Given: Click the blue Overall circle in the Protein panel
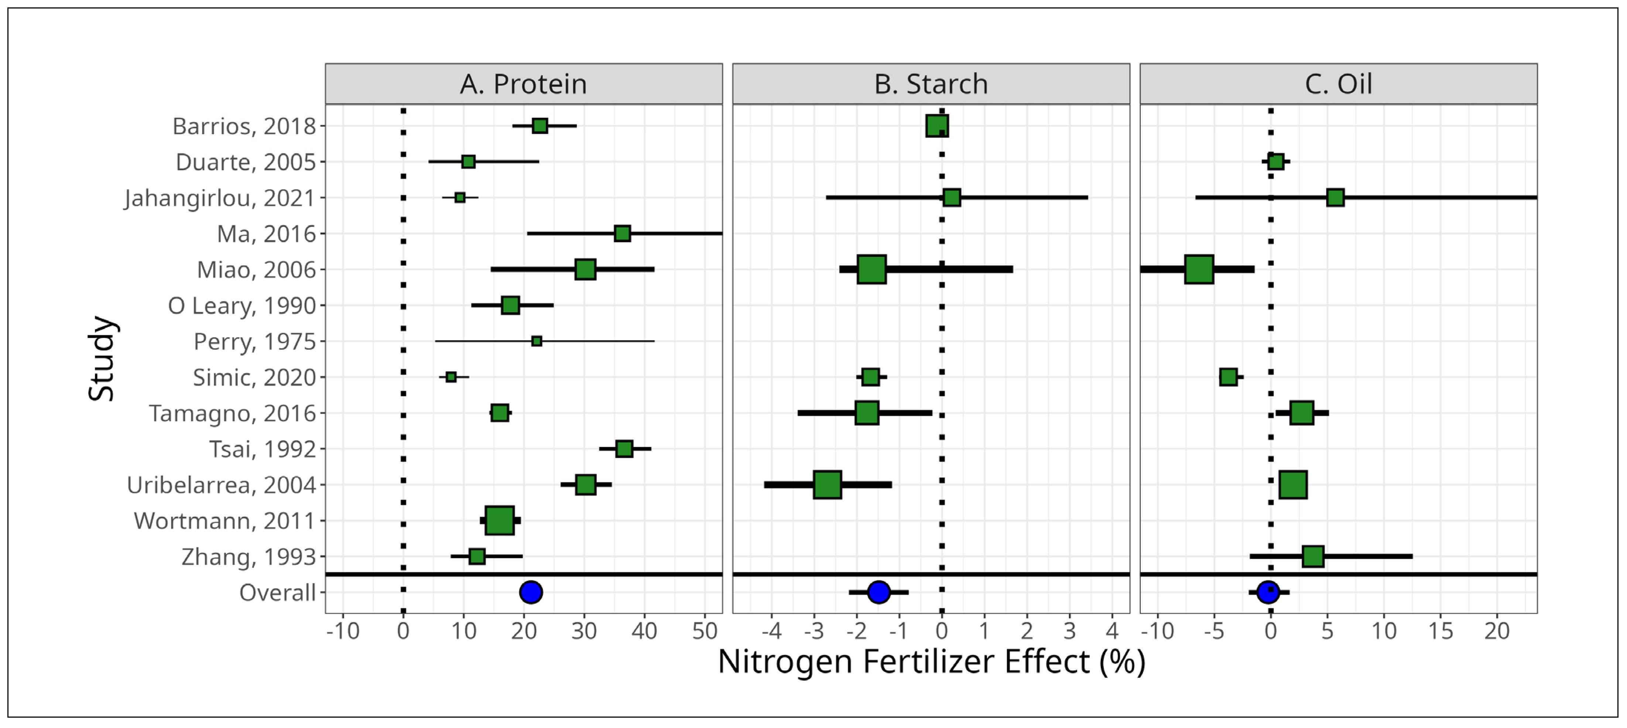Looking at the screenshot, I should click(531, 592).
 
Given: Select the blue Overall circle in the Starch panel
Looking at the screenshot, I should click(878, 592).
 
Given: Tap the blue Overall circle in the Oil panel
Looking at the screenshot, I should click(1268, 592).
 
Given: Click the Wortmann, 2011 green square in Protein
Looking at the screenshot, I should click(500, 521).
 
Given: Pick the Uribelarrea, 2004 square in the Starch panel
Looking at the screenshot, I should click(828, 485).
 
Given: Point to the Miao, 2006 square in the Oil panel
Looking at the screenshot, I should click(1199, 269).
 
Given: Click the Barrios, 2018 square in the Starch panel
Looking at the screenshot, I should click(937, 126).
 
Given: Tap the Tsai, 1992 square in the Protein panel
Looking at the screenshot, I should click(624, 449).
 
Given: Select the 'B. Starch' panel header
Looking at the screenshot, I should click(931, 84).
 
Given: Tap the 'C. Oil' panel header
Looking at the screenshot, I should click(1338, 84).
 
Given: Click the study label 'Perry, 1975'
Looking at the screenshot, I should click(254, 342).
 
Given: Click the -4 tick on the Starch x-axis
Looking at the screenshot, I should click(772, 631).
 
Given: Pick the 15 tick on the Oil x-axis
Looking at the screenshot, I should click(1441, 631).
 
